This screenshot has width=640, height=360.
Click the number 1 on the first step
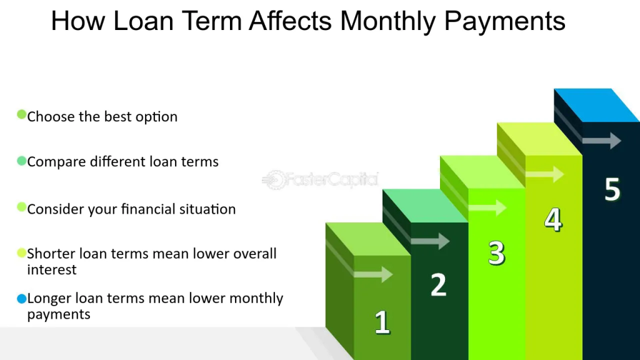pyautogui.click(x=382, y=322)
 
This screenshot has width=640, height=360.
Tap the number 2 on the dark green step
pyautogui.click(x=439, y=284)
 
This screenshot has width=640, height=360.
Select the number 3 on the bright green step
pyautogui.click(x=497, y=253)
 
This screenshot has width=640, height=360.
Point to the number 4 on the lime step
pyautogui.click(x=554, y=219)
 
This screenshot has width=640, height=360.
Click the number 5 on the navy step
pyautogui.click(x=612, y=189)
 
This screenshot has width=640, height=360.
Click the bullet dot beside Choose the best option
pyautogui.click(x=22, y=114)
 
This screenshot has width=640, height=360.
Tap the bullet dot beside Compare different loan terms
pyautogui.click(x=22, y=161)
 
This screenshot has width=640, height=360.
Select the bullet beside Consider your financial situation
pyautogui.click(x=22, y=207)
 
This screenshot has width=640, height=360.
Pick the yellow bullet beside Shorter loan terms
pyautogui.click(x=22, y=253)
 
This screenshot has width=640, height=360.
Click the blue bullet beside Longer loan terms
pyautogui.click(x=22, y=299)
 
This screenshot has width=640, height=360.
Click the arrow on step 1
pyautogui.click(x=373, y=274)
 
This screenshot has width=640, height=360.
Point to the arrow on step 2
pyautogui.click(x=430, y=241)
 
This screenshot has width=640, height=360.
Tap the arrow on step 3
pyautogui.click(x=487, y=207)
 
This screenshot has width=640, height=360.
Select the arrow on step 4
pyautogui.click(x=544, y=174)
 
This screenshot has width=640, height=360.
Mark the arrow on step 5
pyautogui.click(x=602, y=141)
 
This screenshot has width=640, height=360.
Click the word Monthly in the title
pyautogui.click(x=387, y=21)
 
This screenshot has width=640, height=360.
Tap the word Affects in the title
pyautogui.click(x=290, y=21)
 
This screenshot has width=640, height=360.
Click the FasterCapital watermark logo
pyautogui.click(x=320, y=179)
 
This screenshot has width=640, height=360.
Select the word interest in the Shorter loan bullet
pyautogui.click(x=52, y=270)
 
